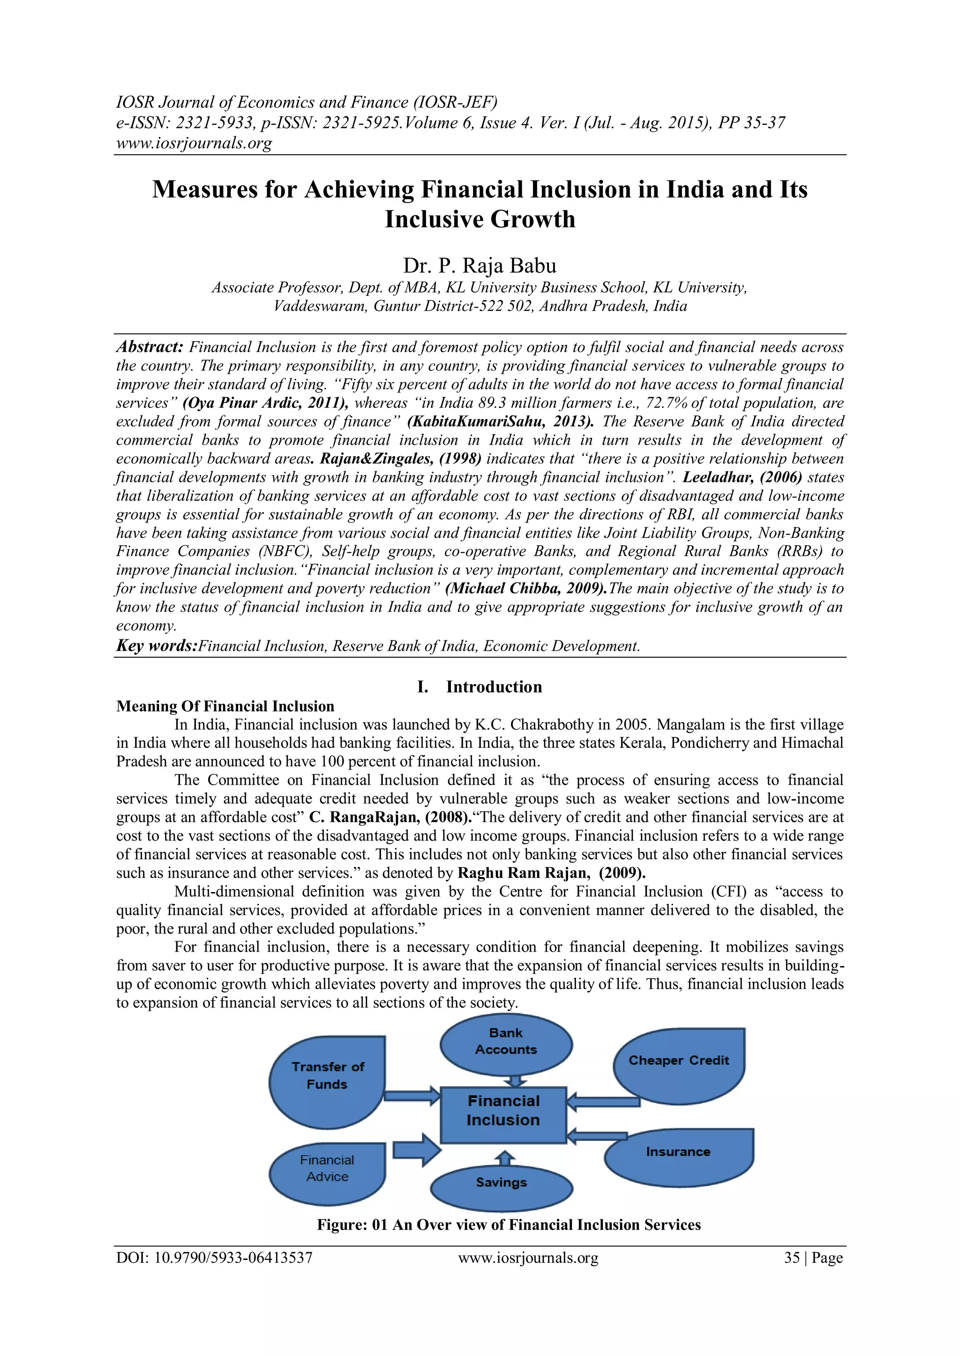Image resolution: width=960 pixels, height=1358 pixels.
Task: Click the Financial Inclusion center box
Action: (503, 1114)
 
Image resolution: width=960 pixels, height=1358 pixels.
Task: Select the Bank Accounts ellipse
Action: (506, 1045)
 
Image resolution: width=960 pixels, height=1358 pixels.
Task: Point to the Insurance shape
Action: (678, 1156)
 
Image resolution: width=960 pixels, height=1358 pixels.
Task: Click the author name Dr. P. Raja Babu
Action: (480, 266)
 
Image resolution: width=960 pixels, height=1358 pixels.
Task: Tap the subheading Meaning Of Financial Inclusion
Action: (225, 706)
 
